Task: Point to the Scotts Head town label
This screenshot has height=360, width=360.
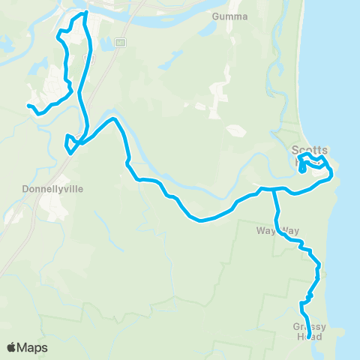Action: (309, 153)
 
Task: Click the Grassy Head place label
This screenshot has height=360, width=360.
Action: (309, 331)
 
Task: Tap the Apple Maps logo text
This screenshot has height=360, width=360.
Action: (27, 347)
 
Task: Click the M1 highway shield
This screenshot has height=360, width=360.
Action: (118, 43)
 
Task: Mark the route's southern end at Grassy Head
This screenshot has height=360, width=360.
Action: (310, 327)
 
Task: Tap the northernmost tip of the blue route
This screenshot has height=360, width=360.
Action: (85, 13)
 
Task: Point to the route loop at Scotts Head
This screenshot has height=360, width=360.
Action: (312, 162)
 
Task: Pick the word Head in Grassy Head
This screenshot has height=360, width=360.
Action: (309, 337)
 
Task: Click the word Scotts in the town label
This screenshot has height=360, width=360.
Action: (309, 149)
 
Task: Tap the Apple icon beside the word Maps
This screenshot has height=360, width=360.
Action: (11, 346)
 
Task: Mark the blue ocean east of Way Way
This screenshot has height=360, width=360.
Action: (345, 232)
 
